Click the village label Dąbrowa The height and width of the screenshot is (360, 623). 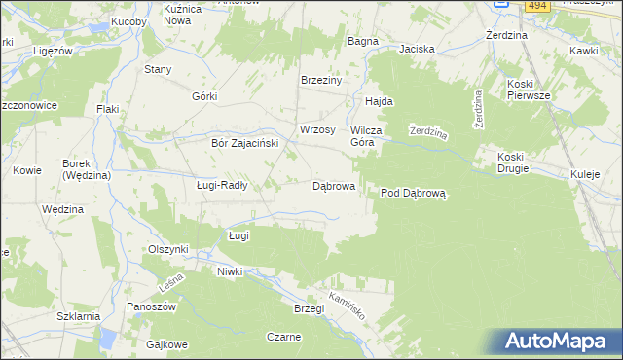333,185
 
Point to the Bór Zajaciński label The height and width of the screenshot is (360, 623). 245,143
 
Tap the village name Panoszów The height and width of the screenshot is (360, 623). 150,306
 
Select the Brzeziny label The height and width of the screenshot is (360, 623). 321,81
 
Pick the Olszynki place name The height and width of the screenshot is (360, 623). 167,249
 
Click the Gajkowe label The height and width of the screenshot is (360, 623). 165,344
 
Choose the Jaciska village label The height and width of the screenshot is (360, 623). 416,48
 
